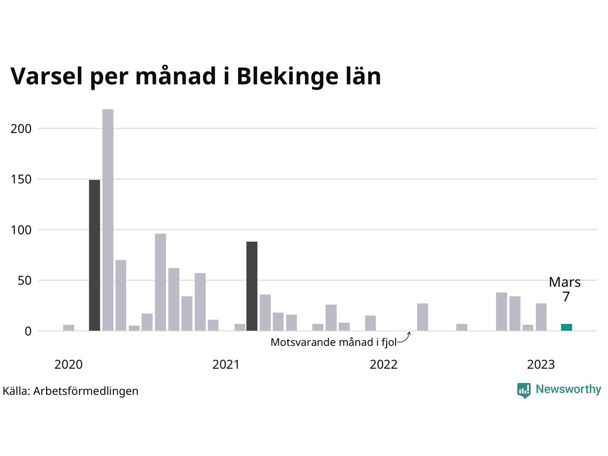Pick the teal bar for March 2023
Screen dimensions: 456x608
(x=566, y=327)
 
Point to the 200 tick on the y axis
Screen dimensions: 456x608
(x=21, y=129)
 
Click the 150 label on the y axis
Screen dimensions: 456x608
(x=21, y=180)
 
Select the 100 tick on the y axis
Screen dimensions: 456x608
(x=21, y=230)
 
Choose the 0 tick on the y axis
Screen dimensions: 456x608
(x=28, y=331)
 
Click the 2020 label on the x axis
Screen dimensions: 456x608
(x=68, y=364)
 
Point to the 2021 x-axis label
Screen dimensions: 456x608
(x=226, y=364)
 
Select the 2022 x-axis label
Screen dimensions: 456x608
(x=383, y=364)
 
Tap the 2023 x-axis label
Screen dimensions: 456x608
(x=541, y=364)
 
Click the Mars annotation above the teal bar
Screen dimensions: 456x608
(x=565, y=282)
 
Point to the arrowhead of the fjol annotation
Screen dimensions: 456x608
(x=408, y=333)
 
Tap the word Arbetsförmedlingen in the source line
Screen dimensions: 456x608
(x=86, y=391)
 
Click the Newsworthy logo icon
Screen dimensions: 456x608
(x=524, y=390)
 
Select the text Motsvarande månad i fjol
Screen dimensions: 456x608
(x=333, y=342)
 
